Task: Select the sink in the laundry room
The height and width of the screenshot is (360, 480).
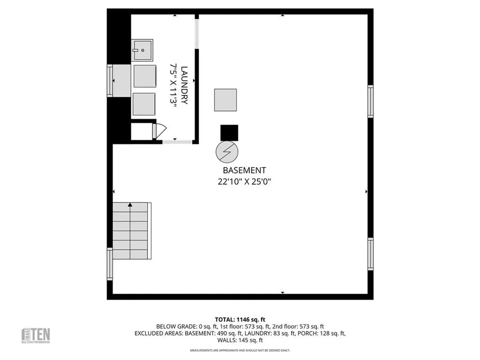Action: [x=141, y=50]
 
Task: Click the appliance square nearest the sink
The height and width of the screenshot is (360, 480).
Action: [x=144, y=76]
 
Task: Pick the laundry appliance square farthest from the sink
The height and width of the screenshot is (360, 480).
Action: [x=144, y=104]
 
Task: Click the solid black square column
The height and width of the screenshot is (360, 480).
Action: [x=229, y=133]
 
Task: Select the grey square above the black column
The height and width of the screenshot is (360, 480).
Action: [x=226, y=100]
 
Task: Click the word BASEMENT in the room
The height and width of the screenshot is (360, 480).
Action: [x=245, y=171]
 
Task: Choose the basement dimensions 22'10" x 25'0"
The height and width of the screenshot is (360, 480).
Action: [x=245, y=181]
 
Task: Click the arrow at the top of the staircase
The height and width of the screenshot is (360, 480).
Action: [x=130, y=205]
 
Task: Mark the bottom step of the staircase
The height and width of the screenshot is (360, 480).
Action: [x=132, y=255]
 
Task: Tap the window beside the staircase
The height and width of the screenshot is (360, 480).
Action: [x=110, y=264]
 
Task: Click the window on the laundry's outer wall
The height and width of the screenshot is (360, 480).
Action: [x=110, y=81]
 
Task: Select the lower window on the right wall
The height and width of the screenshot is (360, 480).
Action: [x=370, y=254]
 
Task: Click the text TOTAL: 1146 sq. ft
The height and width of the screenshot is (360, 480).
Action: [x=240, y=319]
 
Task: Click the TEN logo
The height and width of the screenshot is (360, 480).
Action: [x=37, y=335]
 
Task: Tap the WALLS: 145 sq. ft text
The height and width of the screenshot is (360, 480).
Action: [x=240, y=340]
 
